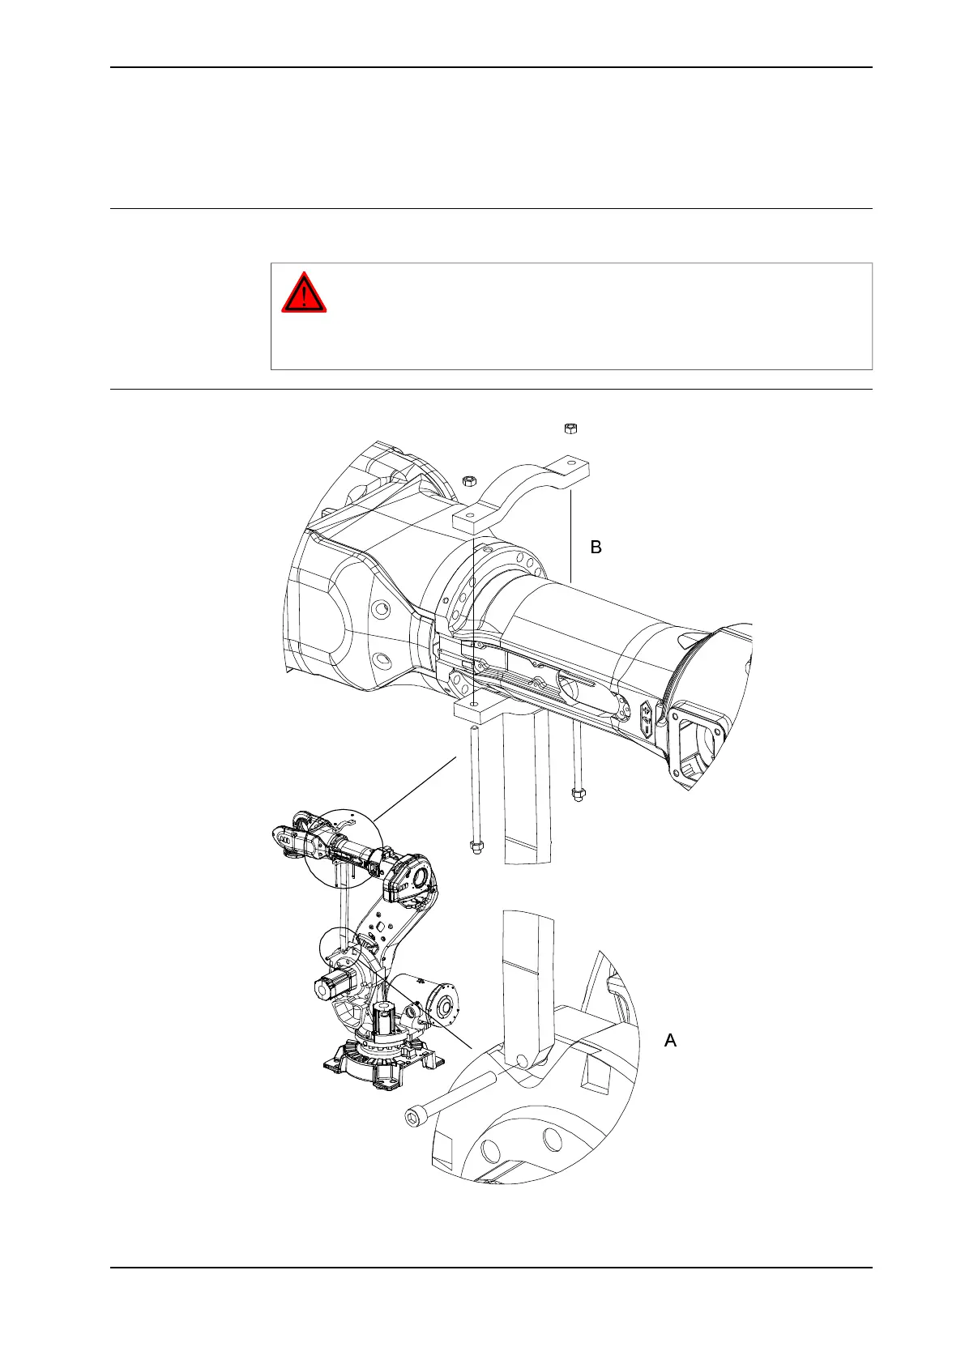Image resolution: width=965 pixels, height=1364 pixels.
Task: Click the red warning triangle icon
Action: [x=304, y=293]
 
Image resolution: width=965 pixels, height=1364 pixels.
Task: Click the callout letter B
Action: [x=596, y=548]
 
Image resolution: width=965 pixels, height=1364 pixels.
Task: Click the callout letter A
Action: [x=670, y=1040]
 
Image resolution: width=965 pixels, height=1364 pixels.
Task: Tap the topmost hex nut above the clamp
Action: [x=570, y=427]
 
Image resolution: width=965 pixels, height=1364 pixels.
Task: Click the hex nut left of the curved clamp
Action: [x=468, y=481]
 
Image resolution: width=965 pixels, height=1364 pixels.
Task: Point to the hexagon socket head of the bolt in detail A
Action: [x=413, y=1119]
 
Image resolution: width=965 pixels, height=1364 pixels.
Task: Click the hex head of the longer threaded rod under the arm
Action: [x=476, y=847]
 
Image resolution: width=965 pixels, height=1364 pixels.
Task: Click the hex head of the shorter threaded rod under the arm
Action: [x=578, y=795]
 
